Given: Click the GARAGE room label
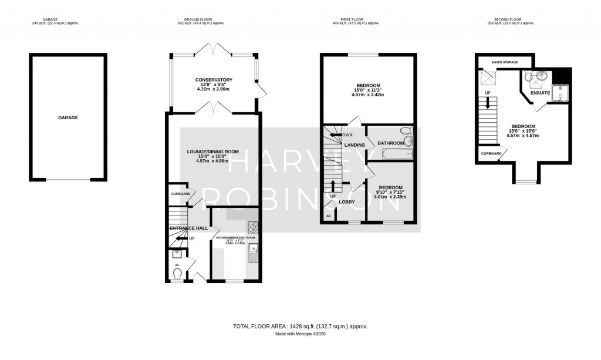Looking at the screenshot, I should click(68, 117).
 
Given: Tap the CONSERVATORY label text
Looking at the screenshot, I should click(214, 80).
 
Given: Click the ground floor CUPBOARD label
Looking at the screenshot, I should click(180, 194).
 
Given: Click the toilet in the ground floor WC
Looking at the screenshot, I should click(178, 273).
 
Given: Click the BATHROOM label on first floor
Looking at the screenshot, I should click(391, 143).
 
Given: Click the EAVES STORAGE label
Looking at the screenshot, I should click(504, 60).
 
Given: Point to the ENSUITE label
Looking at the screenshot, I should click(539, 93).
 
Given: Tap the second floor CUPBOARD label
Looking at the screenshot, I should click(491, 154).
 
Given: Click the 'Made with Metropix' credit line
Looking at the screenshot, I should click(300, 334).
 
